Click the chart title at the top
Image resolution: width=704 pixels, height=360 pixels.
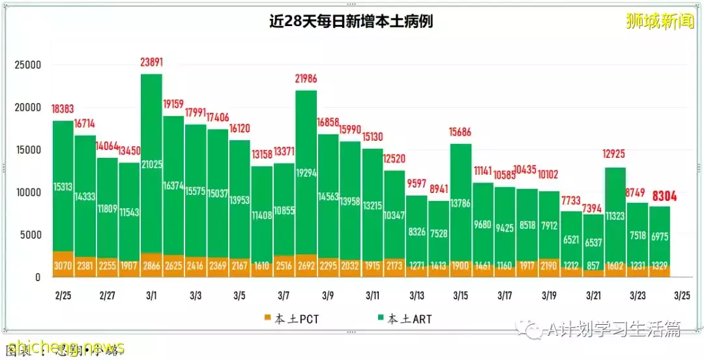tap(351, 22)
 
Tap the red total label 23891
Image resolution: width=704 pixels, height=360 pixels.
tap(151, 63)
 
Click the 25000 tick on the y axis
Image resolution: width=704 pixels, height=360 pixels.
tap(28, 65)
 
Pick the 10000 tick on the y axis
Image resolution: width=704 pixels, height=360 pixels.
tap(28, 192)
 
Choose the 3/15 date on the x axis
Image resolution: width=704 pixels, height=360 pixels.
tap(461, 296)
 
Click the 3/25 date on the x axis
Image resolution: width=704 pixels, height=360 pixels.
tap(682, 296)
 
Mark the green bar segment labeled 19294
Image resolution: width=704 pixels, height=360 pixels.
tap(306, 173)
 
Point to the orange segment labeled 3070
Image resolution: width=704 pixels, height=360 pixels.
tap(63, 264)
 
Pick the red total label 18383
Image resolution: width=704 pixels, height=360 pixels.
tap(63, 108)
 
